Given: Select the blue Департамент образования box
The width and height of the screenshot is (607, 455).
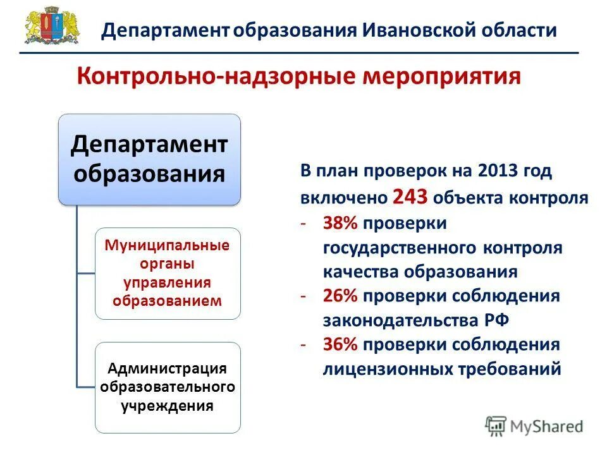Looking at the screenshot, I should pos(149,159).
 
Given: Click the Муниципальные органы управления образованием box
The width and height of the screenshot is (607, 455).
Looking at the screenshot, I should pos(168,273).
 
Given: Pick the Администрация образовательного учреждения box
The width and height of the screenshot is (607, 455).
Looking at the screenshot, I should pos(168,387).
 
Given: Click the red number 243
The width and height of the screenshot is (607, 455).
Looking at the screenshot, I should pos(411,197).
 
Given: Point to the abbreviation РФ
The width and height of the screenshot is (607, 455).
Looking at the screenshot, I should pos(497,320).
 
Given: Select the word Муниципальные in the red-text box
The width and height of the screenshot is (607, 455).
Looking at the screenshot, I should pos(168,245).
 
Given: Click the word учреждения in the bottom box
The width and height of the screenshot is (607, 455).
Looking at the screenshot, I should pos(168,405).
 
